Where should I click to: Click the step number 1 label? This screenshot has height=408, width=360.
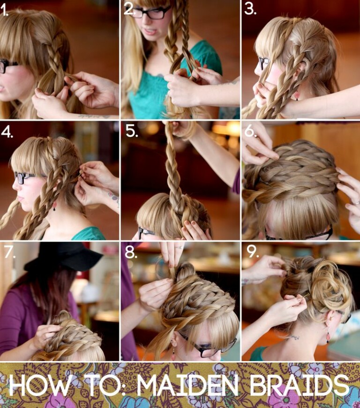coord(5,11)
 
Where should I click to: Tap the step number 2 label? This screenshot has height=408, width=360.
coord(129,9)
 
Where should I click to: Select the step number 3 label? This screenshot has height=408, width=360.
coord(250,10)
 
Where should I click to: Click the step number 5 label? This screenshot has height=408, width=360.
coord(131,131)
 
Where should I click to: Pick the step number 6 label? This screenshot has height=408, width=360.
coord(251,131)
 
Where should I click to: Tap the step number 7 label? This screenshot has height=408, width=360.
coord(9,253)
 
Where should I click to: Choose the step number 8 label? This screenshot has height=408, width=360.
coord(131,253)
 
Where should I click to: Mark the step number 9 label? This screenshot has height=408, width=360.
coord(253,253)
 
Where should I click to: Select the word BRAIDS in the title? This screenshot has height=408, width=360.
coord(299,385)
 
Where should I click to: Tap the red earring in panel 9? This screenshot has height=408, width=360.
coord(328,336)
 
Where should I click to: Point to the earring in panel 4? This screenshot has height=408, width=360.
coord(55,205)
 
